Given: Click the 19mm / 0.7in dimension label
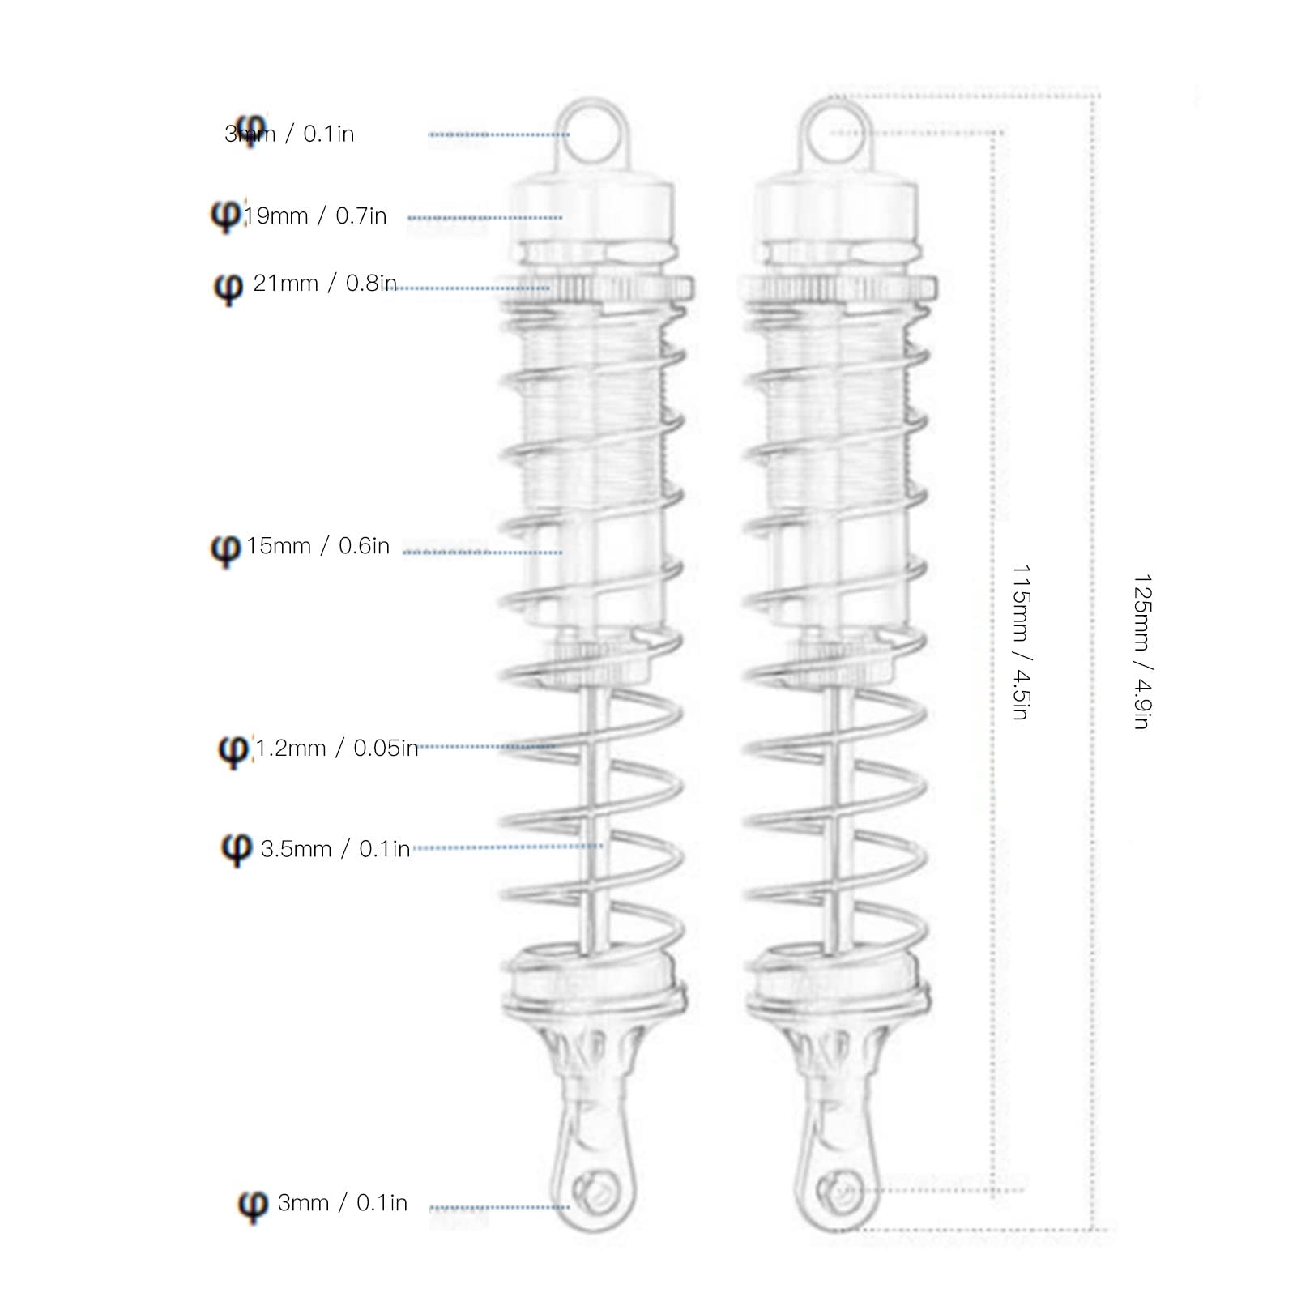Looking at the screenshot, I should click(315, 216).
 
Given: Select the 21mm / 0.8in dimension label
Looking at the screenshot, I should click(324, 284).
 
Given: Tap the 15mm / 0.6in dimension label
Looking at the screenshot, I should click(318, 546).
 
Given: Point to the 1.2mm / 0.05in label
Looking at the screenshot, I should click(336, 748).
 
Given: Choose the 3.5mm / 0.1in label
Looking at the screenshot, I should click(335, 849).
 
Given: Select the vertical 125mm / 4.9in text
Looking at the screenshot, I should click(1141, 651).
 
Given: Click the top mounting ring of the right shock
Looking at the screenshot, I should click(838, 134).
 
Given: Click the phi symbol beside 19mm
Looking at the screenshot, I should click(226, 216).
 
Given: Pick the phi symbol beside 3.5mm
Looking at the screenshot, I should click(236, 849).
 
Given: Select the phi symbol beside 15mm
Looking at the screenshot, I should click(225, 548).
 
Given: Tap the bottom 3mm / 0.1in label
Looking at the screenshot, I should click(342, 1203).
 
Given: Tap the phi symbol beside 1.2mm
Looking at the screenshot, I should click(233, 749).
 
